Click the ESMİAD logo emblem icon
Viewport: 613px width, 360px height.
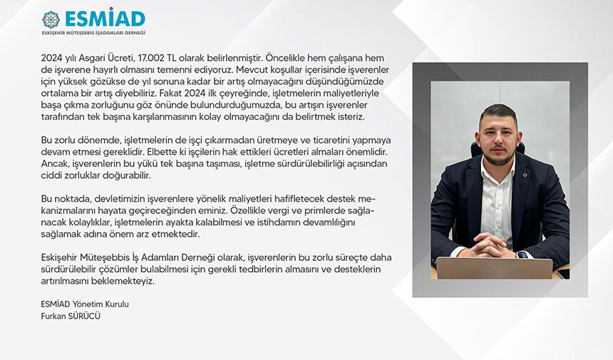coord(51,19)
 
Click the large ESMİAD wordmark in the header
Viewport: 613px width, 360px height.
coord(105,18)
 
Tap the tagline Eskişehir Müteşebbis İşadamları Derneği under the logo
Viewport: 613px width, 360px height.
coord(93,33)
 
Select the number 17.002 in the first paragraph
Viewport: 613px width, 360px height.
coord(151,58)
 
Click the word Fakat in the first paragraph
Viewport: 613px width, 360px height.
coord(171,93)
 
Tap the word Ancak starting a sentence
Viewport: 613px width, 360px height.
coord(54,163)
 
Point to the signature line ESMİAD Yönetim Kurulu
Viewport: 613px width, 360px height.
coord(85,304)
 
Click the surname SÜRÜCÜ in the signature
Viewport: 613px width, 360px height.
coord(84,315)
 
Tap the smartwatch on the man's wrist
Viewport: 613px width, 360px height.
coord(522,255)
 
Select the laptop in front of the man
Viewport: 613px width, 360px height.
coord(494,268)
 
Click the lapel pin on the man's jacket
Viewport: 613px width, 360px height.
coord(525,175)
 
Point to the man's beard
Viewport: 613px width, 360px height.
coord(499,157)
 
